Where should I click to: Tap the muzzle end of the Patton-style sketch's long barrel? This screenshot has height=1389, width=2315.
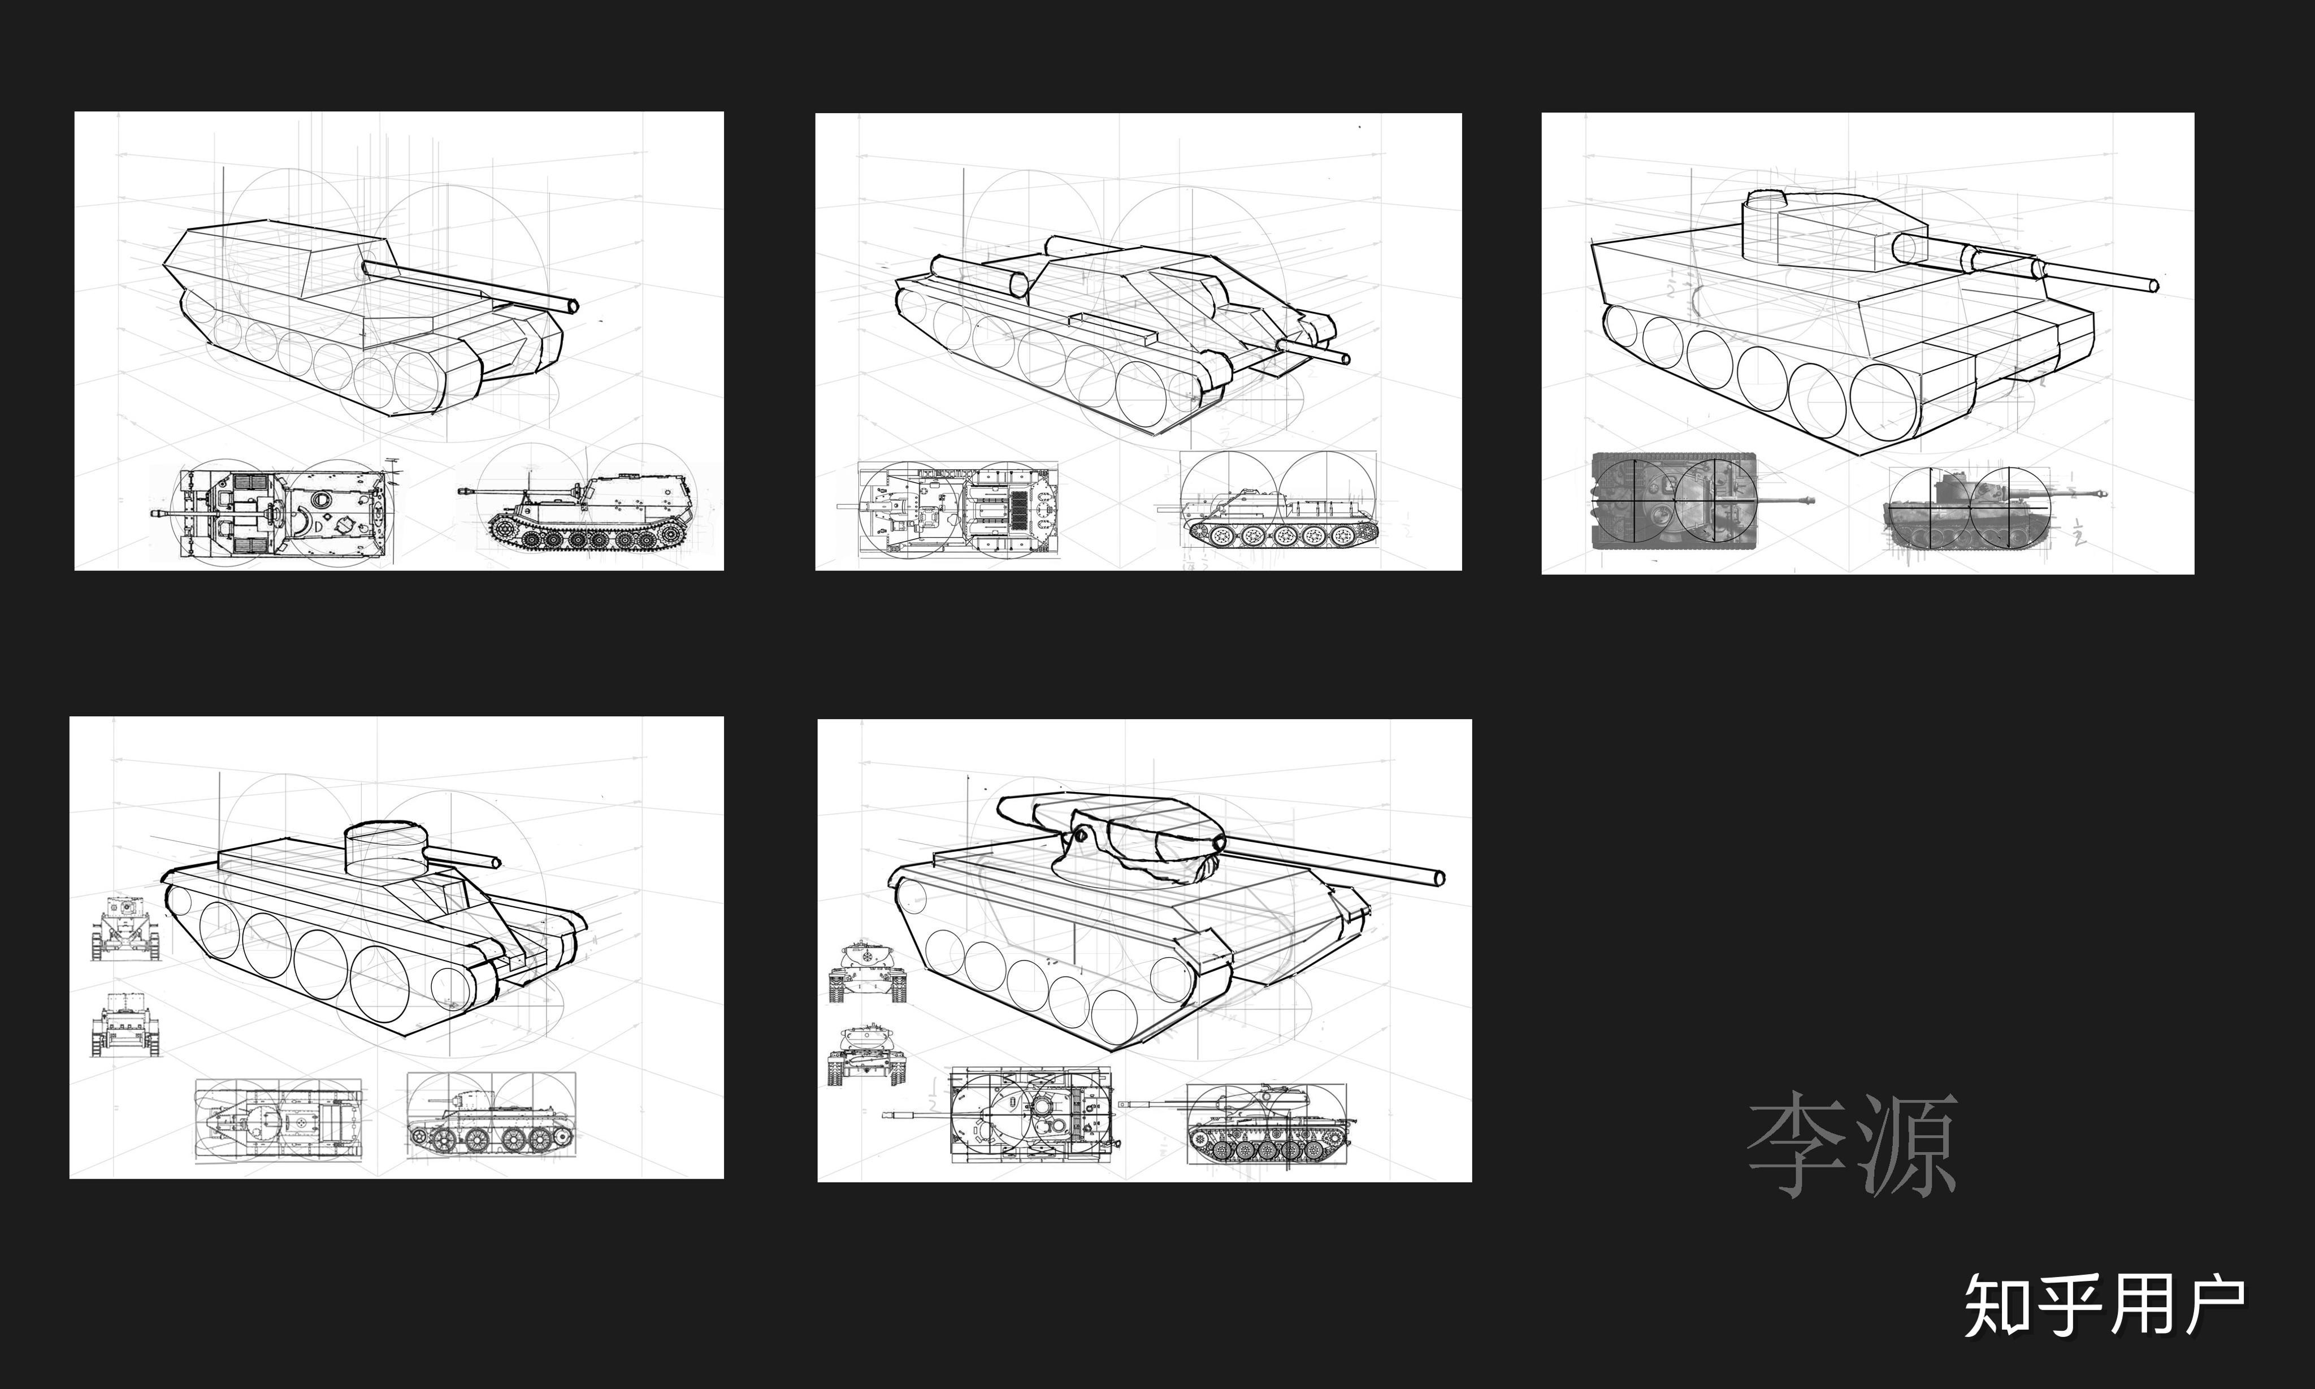pos(1439,877)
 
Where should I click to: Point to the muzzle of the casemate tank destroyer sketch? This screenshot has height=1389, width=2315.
pos(573,305)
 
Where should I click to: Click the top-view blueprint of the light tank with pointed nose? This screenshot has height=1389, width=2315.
pos(279,1120)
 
